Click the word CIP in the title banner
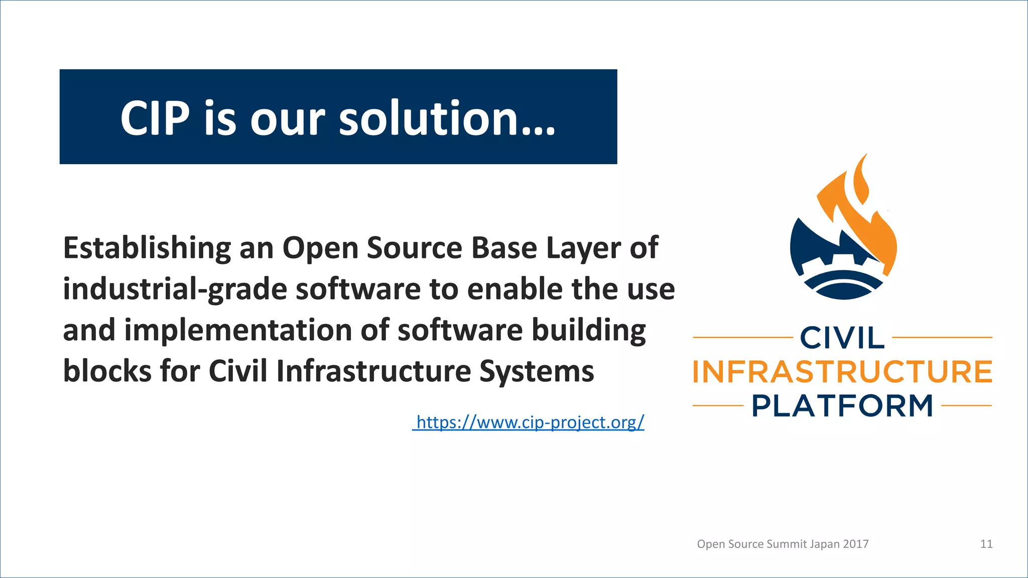[x=155, y=118]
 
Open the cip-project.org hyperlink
[x=530, y=422]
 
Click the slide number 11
[x=986, y=544]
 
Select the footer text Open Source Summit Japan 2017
[x=783, y=544]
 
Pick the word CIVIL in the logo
[x=842, y=338]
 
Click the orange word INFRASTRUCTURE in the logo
[x=842, y=372]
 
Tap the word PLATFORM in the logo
[x=842, y=406]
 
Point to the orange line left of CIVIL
[x=742, y=337]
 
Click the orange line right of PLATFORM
[x=966, y=405]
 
